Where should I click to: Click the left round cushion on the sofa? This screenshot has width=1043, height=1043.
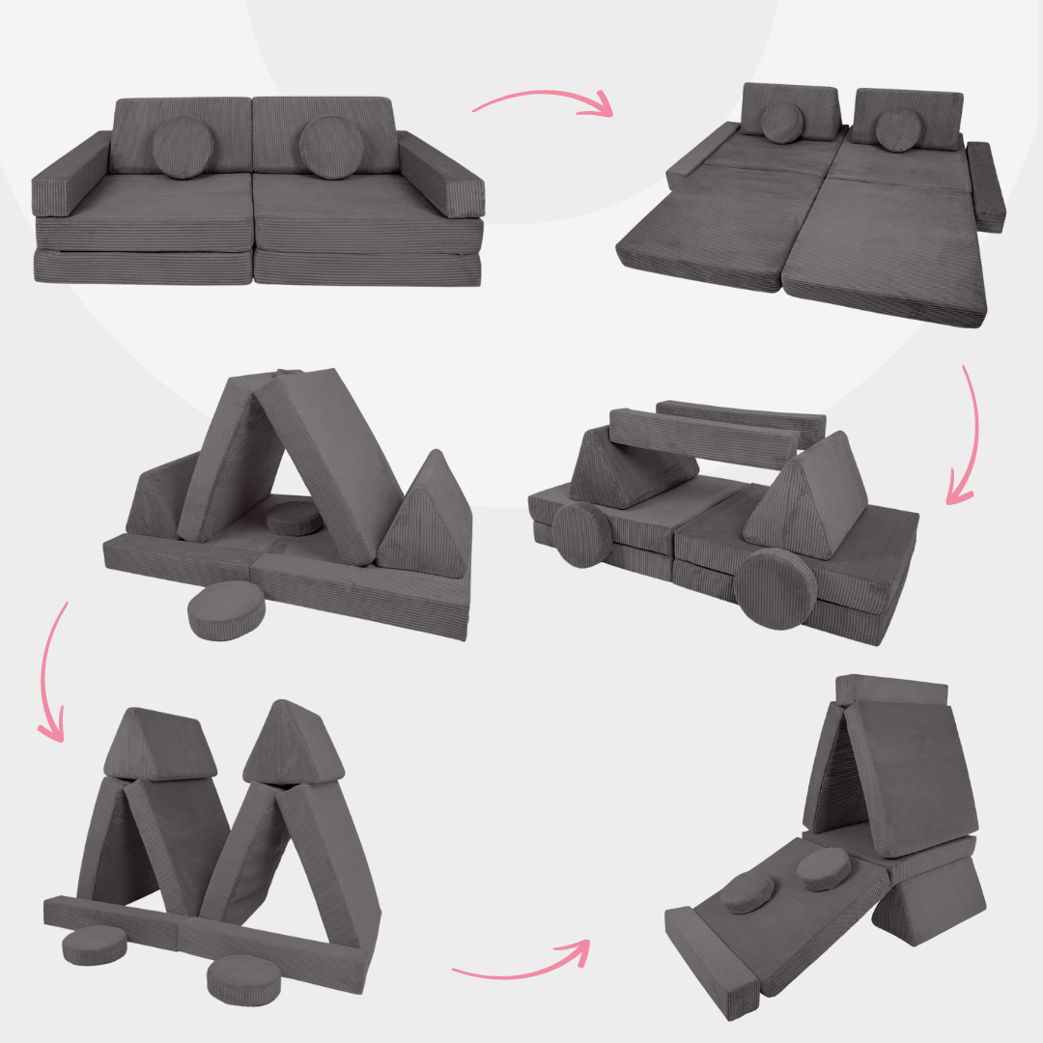point(183,148)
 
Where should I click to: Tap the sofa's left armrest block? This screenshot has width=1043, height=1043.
point(71,176)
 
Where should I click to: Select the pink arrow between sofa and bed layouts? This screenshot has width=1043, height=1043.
point(543,100)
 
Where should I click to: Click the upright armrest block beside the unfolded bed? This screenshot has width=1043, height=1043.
point(986,186)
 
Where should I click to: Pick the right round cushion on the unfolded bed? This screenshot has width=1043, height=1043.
point(898,129)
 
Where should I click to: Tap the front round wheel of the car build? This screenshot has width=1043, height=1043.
point(774,589)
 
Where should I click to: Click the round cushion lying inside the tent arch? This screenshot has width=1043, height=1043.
point(295,519)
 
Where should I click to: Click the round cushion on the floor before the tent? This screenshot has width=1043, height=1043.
point(217,611)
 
